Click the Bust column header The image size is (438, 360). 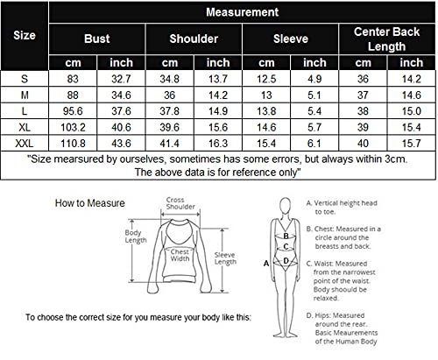[x=97, y=39]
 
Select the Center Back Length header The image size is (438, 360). [x=386, y=39]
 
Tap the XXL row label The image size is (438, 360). [x=25, y=144]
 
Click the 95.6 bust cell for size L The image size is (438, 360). [x=73, y=111]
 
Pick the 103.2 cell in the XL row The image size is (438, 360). [x=73, y=127]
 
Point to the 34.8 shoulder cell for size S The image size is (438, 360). [x=170, y=79]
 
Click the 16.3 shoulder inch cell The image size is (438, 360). [x=218, y=144]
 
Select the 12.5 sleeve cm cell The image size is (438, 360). [x=266, y=79]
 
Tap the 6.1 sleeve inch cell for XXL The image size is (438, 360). [x=314, y=144]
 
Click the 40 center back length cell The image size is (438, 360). [x=363, y=144]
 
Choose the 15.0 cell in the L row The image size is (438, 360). [x=412, y=111]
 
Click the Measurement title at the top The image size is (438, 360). [x=243, y=12]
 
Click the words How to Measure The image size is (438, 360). [x=90, y=203]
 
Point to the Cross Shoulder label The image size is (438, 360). [x=180, y=203]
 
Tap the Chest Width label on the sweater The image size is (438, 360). [x=180, y=255]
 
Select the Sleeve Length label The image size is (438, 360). [x=225, y=258]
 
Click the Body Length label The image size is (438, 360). [x=136, y=236]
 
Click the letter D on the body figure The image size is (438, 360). [x=286, y=261]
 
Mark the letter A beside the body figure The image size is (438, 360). [x=266, y=264]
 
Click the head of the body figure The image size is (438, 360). [x=286, y=206]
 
